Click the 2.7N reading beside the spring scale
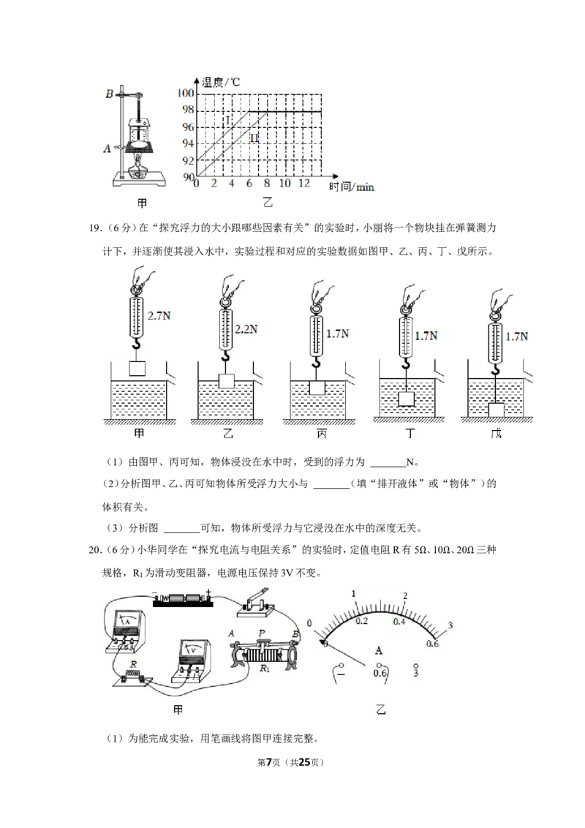tap(159, 316)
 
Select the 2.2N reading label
tap(246, 329)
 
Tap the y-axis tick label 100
tap(186, 94)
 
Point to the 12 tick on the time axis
tap(304, 184)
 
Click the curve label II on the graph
tap(254, 138)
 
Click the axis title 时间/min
tap(351, 187)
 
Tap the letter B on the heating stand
tap(109, 94)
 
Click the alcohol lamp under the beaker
tap(140, 168)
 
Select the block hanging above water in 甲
tap(137, 367)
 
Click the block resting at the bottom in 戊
tap(497, 410)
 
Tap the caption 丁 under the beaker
tap(410, 434)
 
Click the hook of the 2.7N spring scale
tap(137, 345)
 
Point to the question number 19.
tap(96, 228)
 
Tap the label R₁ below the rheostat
tap(265, 669)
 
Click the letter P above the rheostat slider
tap(262, 633)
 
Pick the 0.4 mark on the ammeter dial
tap(399, 622)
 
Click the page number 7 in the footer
tap(269, 762)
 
